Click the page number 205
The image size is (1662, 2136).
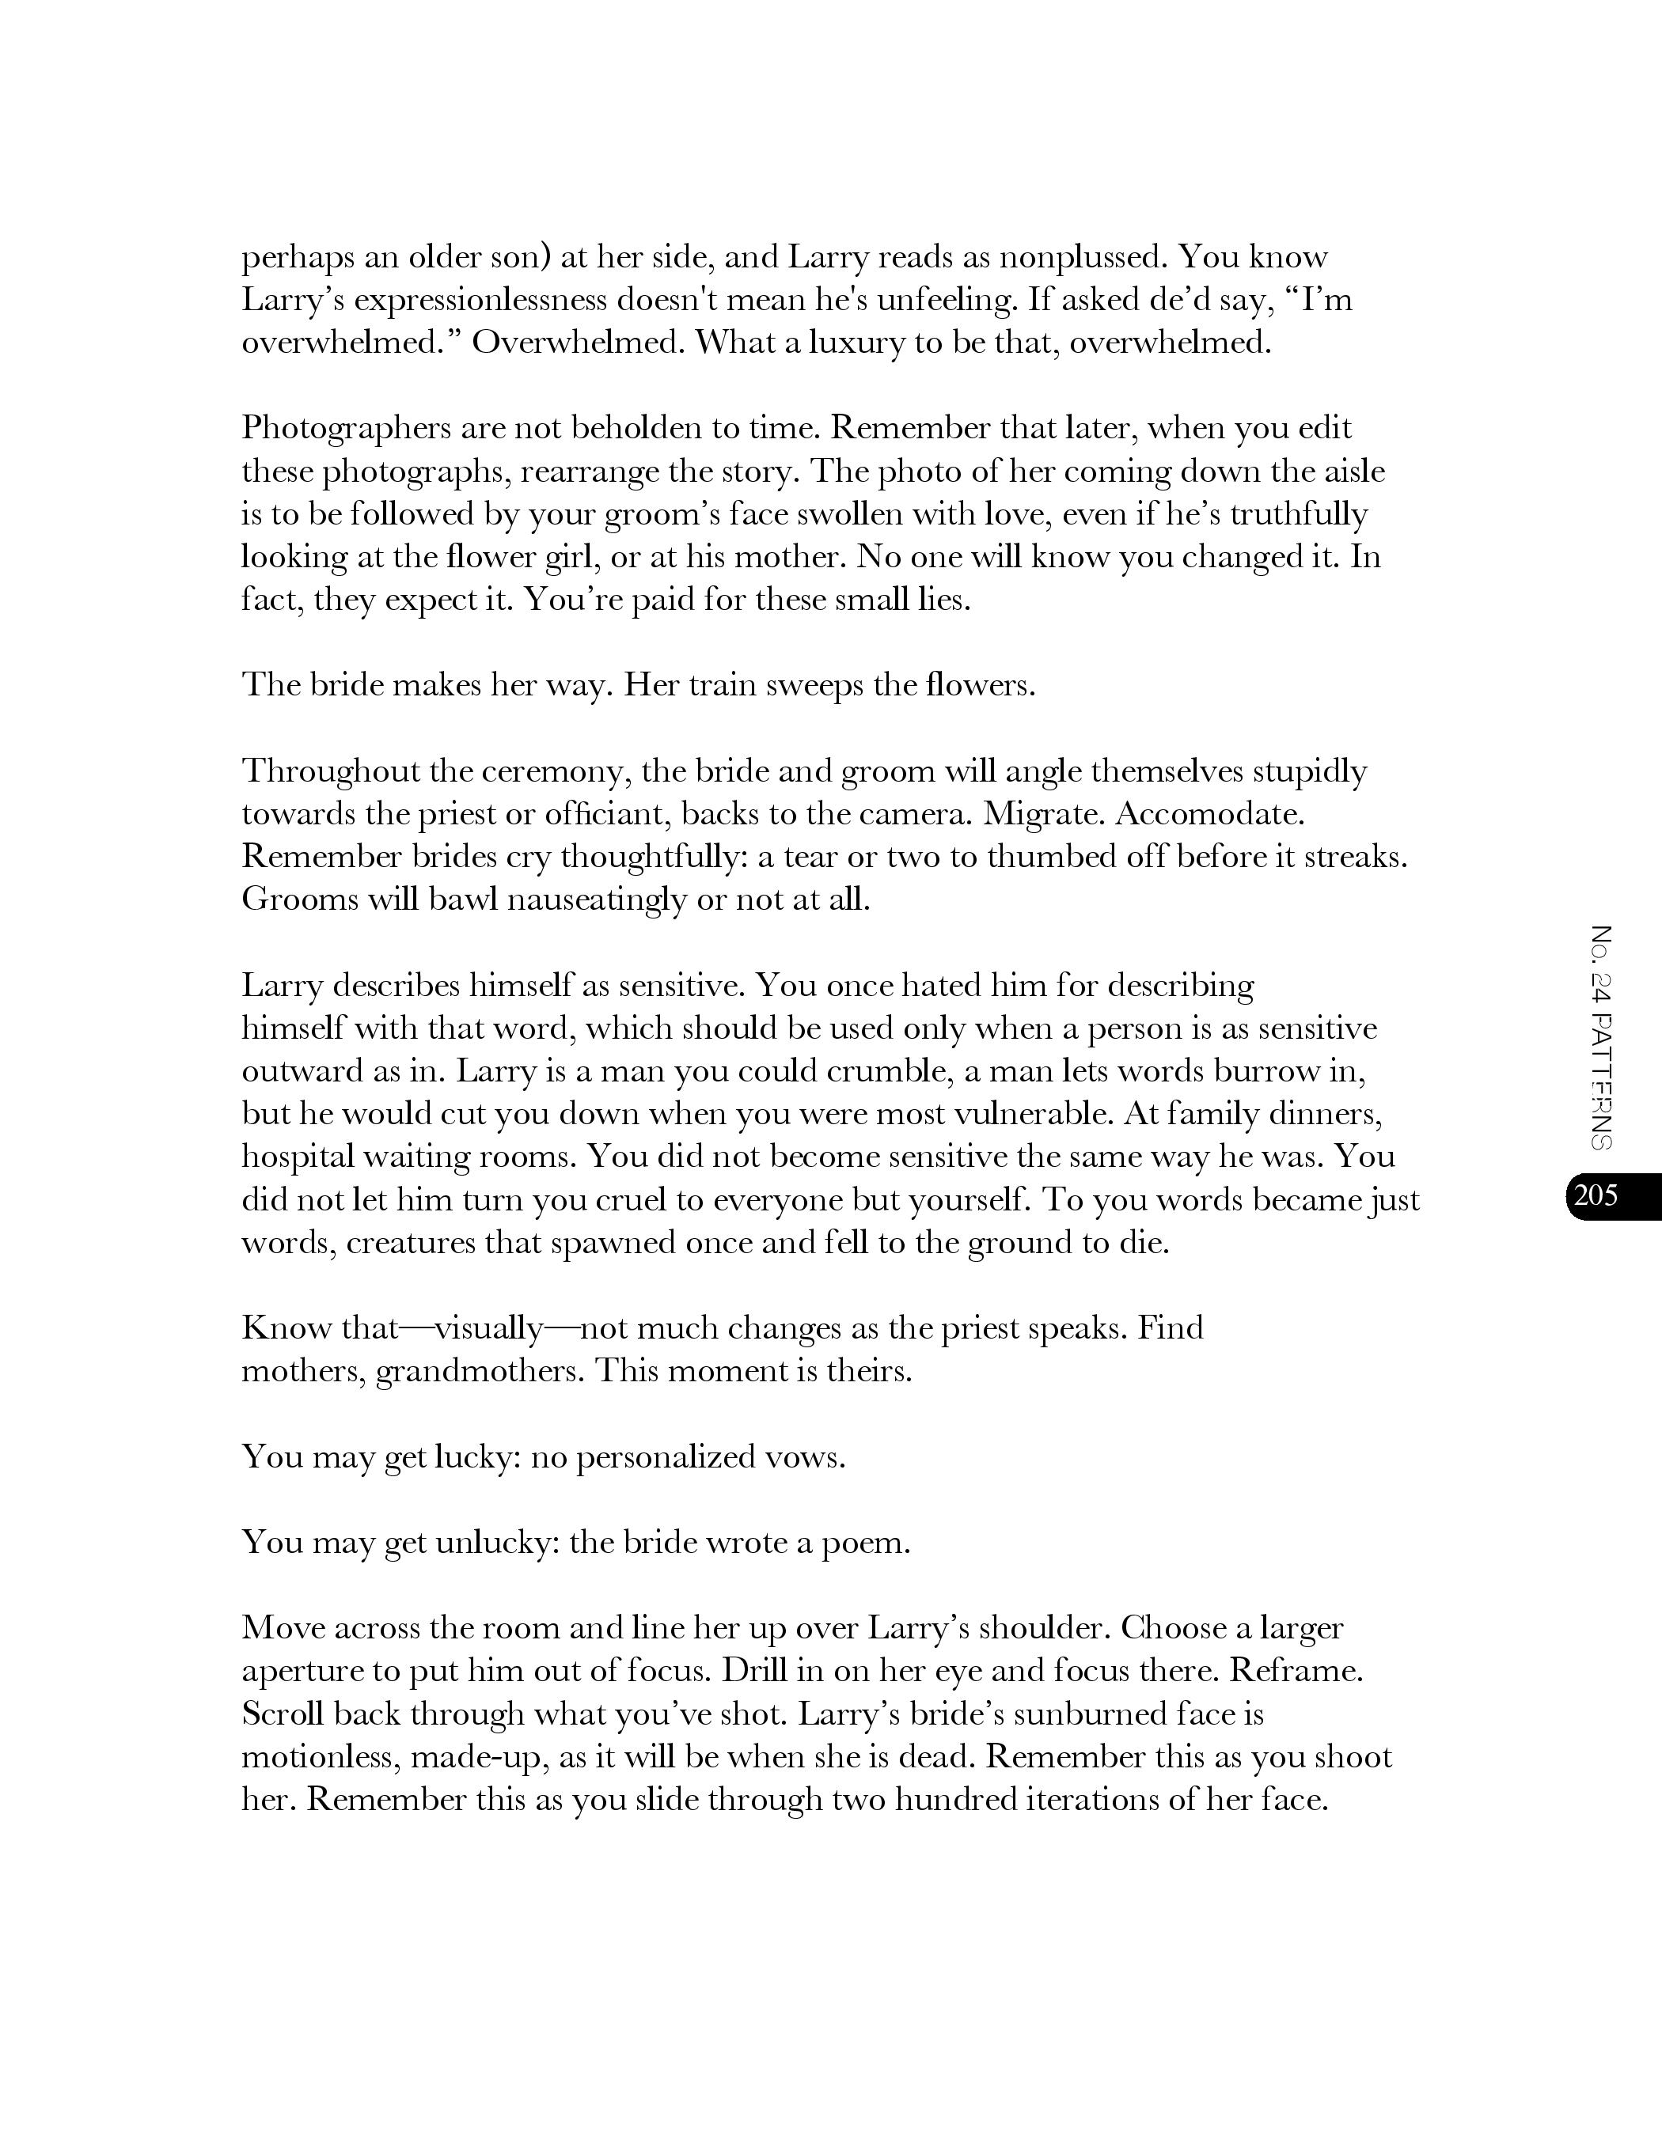[1596, 1195]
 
